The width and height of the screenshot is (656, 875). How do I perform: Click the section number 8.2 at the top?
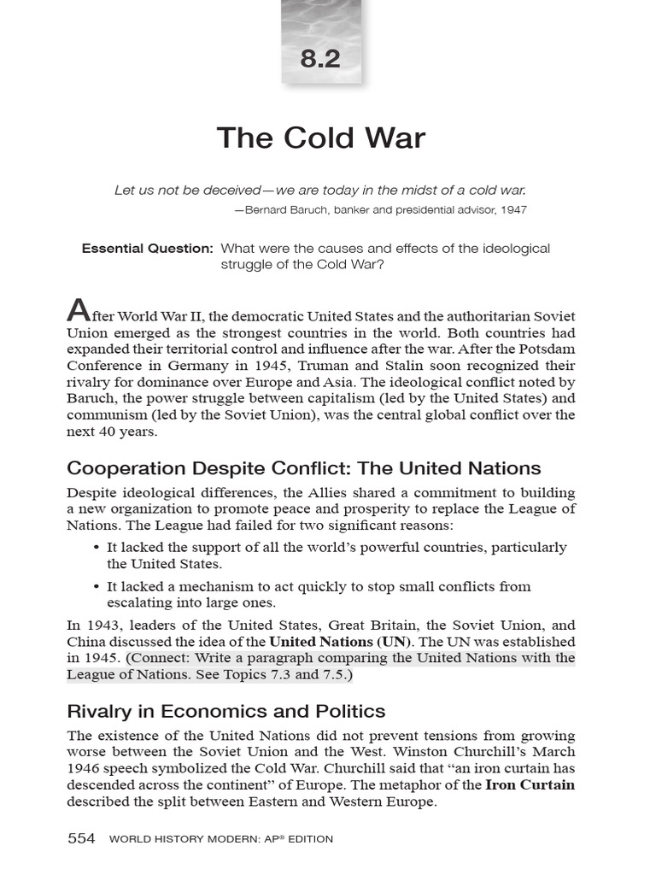[320, 60]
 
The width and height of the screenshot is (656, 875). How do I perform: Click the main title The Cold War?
[320, 138]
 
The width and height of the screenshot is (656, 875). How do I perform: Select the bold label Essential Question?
[147, 249]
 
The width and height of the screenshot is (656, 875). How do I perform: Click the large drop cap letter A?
[78, 311]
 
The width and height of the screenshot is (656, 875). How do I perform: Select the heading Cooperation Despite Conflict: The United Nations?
[303, 468]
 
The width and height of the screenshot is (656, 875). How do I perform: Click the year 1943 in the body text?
[102, 625]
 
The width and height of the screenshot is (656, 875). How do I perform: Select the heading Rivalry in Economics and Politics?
[225, 711]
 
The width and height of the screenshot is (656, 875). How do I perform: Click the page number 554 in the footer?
[81, 838]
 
